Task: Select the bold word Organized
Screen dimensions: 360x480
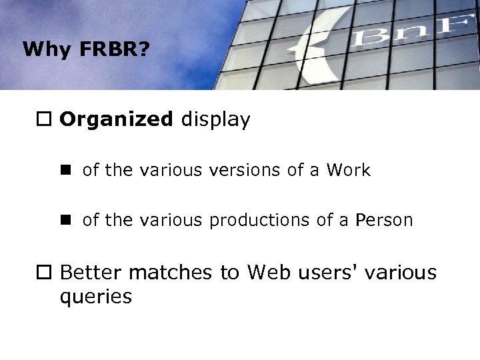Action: tap(115, 121)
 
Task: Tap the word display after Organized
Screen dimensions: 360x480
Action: tap(213, 120)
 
